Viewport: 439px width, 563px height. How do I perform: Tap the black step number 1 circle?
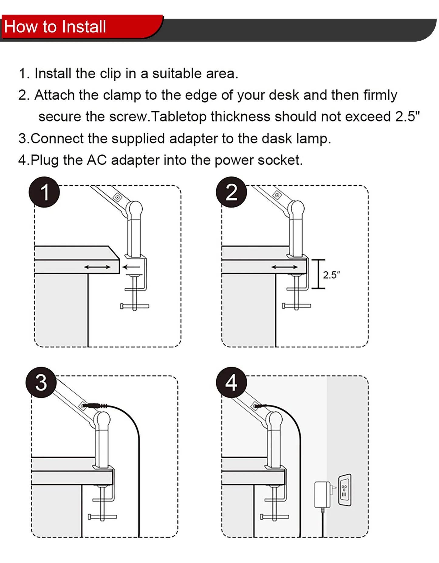(x=44, y=192)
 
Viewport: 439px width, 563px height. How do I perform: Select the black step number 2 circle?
(x=232, y=192)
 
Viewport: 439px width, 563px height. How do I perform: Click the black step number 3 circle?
(x=41, y=382)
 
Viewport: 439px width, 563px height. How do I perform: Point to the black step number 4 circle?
(x=232, y=382)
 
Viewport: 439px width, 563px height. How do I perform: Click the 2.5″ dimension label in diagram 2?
(x=331, y=275)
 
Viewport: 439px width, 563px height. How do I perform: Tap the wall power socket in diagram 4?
(x=345, y=490)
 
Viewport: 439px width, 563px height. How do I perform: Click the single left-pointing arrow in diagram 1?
(x=131, y=267)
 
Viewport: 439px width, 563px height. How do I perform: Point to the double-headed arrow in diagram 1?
(x=98, y=267)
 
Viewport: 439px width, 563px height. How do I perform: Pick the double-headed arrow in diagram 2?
(x=285, y=267)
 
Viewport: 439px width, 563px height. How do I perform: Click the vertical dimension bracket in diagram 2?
(x=318, y=274)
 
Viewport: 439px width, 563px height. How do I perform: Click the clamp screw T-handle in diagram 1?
(x=135, y=306)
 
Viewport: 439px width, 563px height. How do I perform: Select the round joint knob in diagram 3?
(x=102, y=419)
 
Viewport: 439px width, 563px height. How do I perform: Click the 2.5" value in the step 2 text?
(x=407, y=116)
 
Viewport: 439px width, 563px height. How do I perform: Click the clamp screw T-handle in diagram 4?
(x=275, y=516)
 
